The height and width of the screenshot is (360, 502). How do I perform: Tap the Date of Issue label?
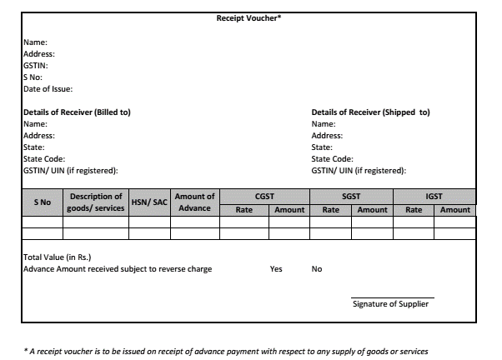48,88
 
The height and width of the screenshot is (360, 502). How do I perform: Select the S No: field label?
33,77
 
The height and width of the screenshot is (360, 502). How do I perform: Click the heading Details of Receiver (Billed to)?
76,112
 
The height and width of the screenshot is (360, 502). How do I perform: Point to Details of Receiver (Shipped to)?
370,112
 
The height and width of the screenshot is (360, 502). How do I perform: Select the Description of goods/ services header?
96,202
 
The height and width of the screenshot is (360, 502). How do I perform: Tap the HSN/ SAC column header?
150,202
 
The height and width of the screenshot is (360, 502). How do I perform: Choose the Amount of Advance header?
194,202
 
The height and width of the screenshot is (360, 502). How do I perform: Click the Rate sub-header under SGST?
331,210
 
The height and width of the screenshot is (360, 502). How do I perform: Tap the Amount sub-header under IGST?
455,210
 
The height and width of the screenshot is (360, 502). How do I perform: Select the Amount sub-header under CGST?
289,210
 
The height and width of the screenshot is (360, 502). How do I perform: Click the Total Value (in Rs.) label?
55,257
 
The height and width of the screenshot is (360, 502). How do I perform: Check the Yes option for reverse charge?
276,269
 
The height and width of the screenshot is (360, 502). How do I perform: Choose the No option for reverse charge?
317,269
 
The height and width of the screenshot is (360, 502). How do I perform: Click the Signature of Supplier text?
390,304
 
